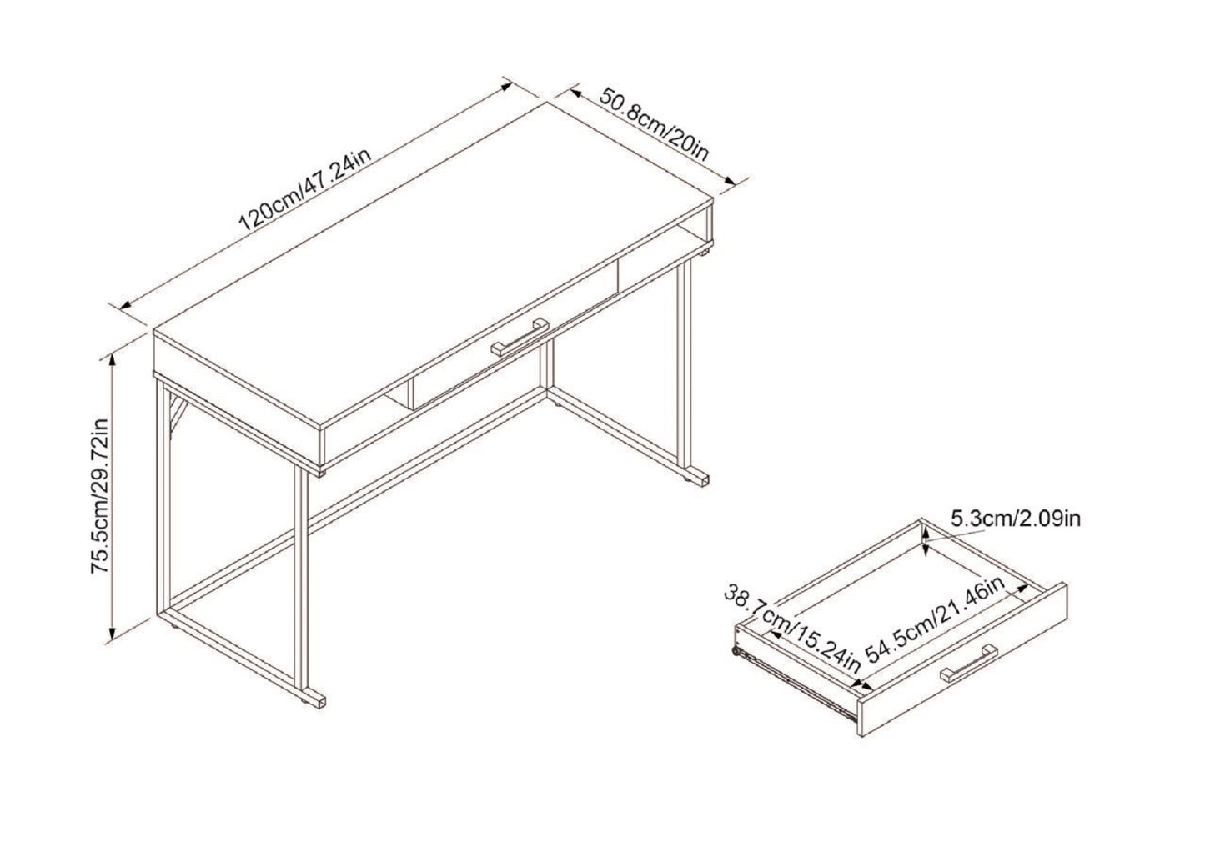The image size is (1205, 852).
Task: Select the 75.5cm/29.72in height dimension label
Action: click(102, 497)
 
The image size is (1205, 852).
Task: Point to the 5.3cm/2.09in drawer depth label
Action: click(1016, 519)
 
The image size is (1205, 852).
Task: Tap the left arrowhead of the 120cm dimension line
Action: click(125, 306)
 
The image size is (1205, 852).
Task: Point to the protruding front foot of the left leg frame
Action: click(315, 698)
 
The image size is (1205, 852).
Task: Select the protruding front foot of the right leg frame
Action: click(698, 481)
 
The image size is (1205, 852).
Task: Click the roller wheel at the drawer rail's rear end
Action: click(736, 653)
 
